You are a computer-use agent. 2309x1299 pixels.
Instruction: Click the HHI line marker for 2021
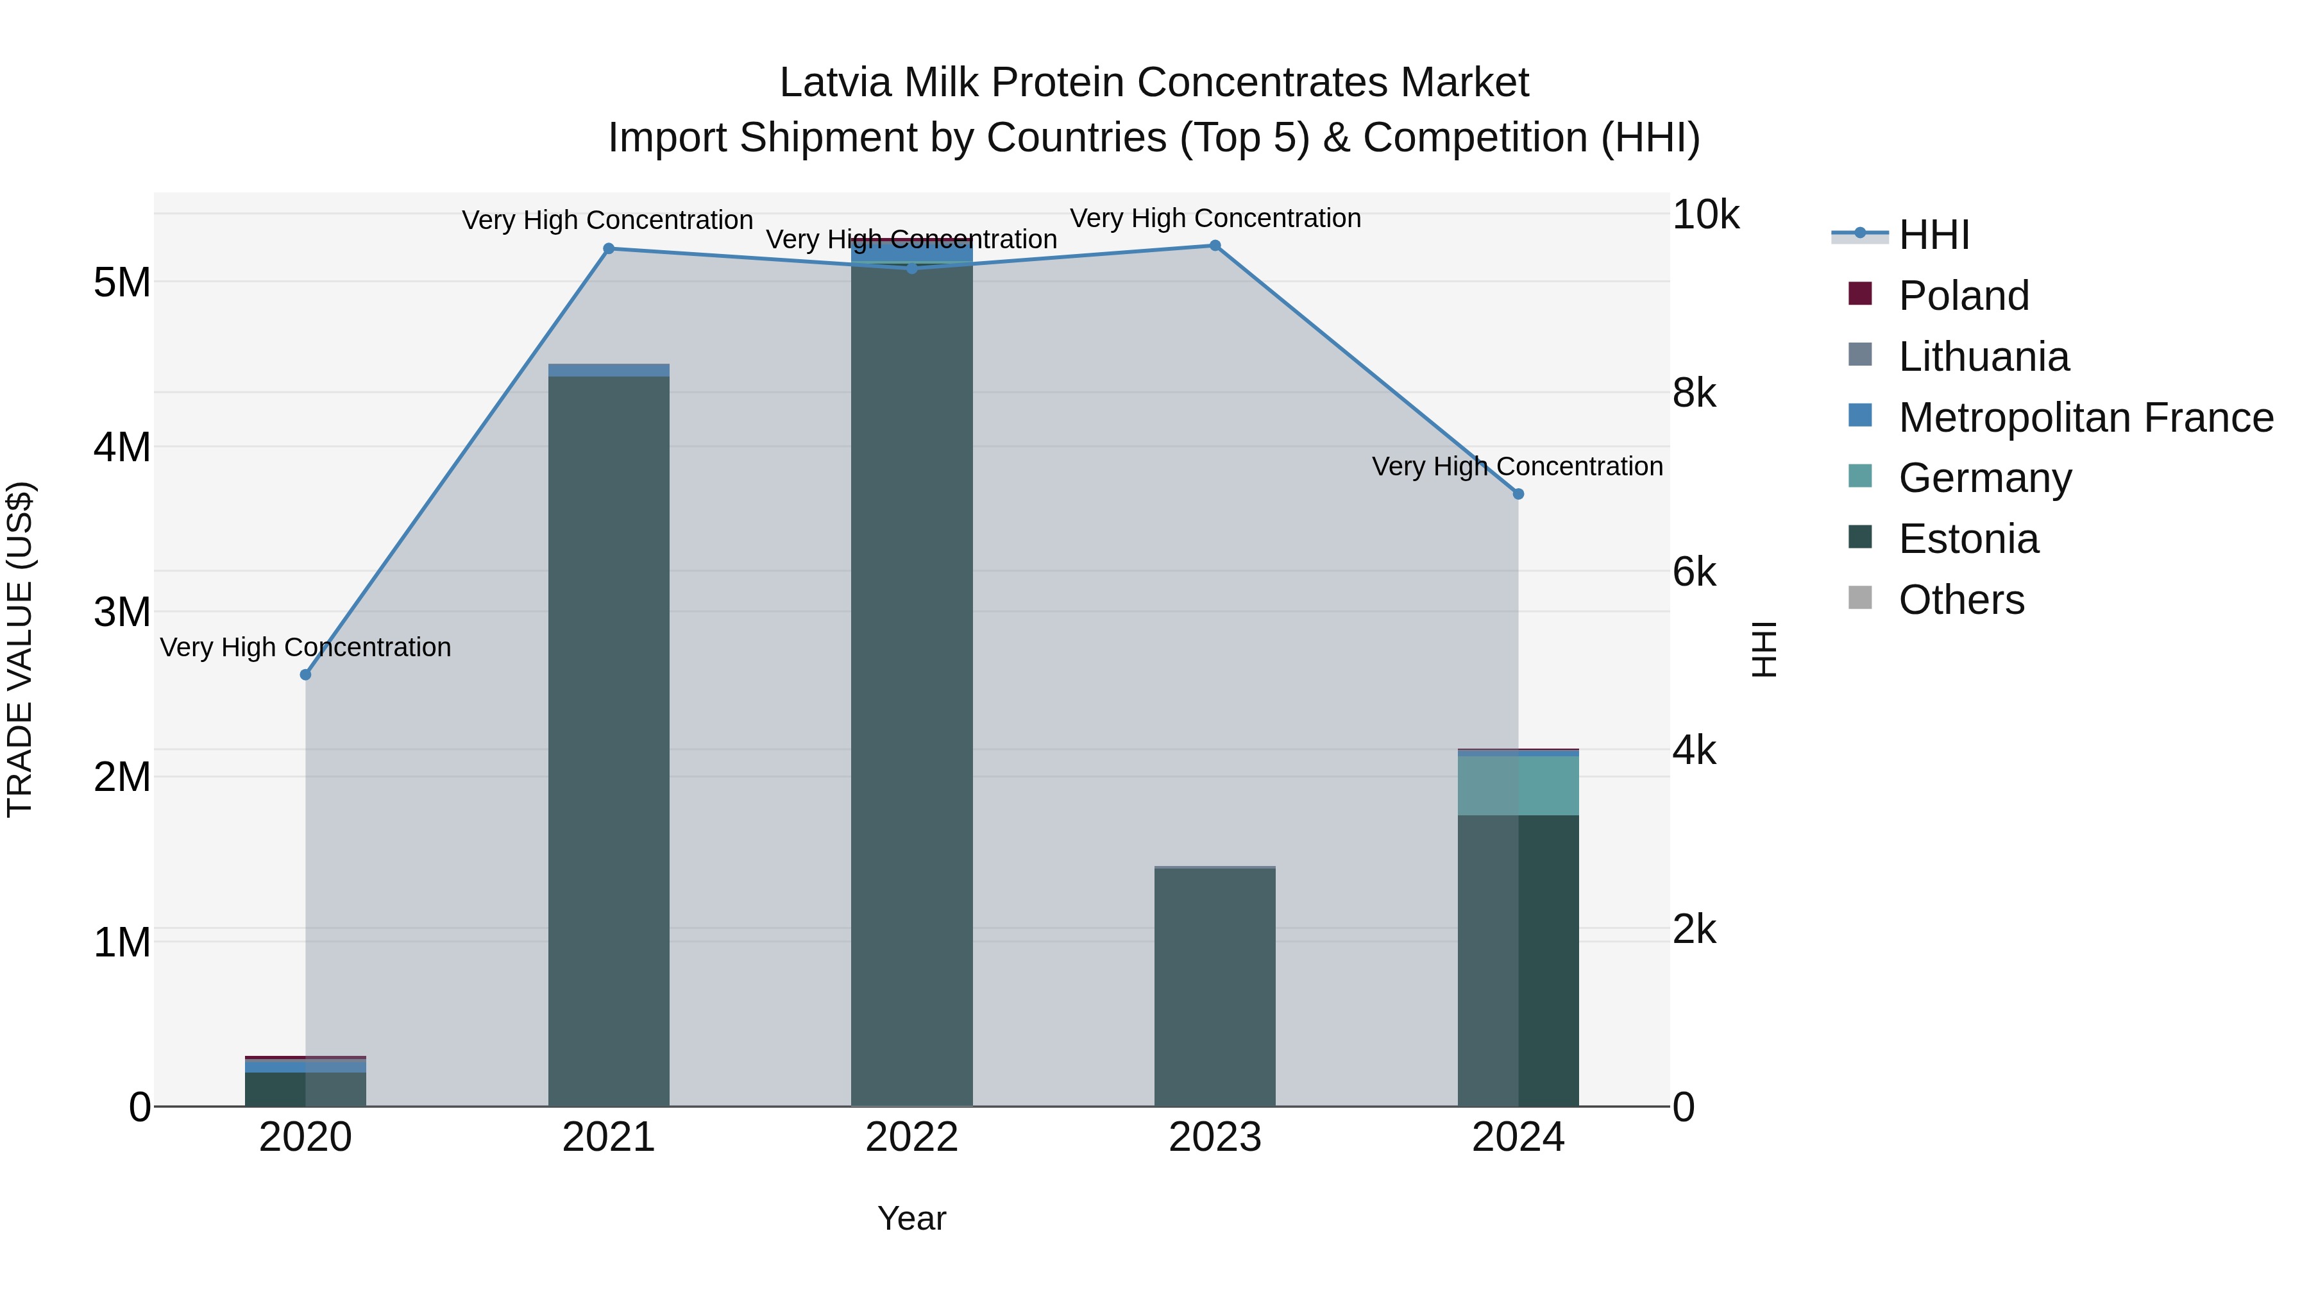coord(609,248)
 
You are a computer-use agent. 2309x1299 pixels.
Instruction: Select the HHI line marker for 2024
coord(1518,494)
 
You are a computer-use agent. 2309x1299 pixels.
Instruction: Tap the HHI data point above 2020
coord(306,674)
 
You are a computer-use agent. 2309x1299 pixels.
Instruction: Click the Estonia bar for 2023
coord(1215,986)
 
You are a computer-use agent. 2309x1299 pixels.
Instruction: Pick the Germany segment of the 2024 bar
coord(1518,785)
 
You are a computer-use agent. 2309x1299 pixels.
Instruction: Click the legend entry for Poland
coord(1963,296)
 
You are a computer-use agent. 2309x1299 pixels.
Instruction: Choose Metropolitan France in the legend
coord(2085,418)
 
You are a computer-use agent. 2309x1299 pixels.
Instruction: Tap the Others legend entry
coord(1961,600)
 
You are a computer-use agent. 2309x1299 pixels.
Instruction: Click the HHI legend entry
coord(1933,235)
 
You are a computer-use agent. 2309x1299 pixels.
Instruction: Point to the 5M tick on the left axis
coord(122,282)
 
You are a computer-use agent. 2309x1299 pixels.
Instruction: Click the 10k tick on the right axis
coord(1705,215)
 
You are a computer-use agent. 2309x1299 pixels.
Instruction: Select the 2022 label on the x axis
coord(911,1137)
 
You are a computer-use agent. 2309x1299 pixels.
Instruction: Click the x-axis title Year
coord(911,1218)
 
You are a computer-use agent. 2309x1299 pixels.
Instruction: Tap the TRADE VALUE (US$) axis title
coord(20,649)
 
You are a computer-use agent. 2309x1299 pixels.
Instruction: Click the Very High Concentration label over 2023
coord(1215,218)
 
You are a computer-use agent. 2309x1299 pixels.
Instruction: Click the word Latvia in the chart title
coord(836,83)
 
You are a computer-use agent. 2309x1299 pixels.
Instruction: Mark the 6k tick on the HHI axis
coord(1694,572)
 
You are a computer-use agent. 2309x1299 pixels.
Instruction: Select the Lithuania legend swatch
coord(1860,355)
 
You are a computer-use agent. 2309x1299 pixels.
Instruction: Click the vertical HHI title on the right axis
coord(1763,649)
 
